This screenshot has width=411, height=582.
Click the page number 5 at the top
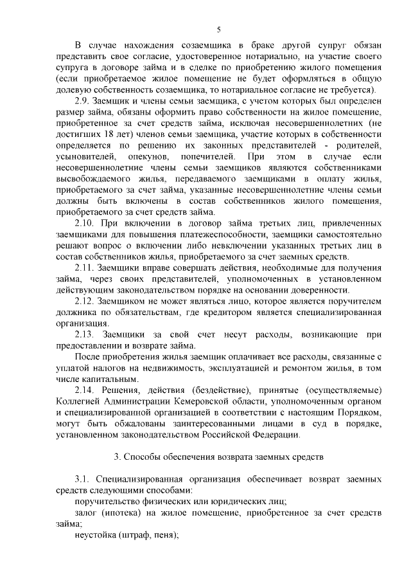(219, 29)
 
